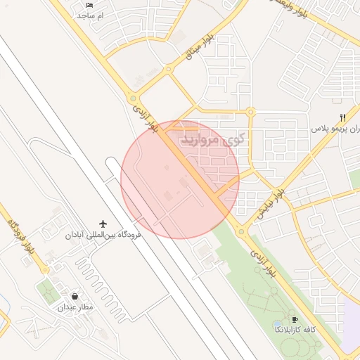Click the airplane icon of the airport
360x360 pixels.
[x=103, y=224]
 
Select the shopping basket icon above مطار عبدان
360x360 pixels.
[x=75, y=296]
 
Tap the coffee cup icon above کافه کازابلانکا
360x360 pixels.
[x=295, y=319]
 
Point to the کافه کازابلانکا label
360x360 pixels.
[x=295, y=329]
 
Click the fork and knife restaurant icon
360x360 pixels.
[x=342, y=117]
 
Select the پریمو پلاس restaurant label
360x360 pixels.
[x=335, y=130]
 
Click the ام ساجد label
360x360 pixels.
[x=90, y=15]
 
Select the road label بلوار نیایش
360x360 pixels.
[x=271, y=202]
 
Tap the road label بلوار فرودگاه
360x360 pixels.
[x=20, y=237]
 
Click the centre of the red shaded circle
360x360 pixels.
[x=180, y=179]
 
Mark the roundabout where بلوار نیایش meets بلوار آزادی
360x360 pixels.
[x=241, y=231]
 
